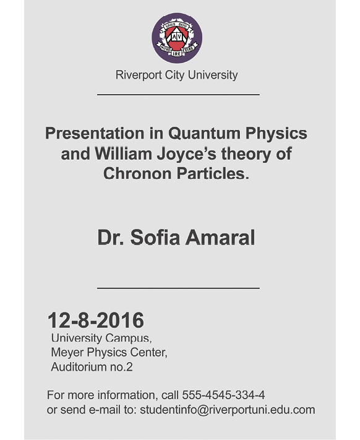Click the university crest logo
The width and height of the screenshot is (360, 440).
[x=177, y=38]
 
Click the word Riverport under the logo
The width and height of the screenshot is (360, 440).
[x=139, y=75]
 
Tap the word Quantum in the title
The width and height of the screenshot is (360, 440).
[x=204, y=133]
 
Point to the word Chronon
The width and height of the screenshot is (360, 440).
[x=137, y=173]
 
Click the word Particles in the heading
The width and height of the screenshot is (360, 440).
[x=213, y=173]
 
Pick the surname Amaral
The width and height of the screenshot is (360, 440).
[x=220, y=238]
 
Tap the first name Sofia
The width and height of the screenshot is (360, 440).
[x=155, y=238]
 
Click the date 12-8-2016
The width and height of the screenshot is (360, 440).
[x=96, y=320]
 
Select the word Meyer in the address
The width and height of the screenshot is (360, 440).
[x=67, y=353]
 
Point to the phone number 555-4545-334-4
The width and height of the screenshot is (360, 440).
[x=223, y=395]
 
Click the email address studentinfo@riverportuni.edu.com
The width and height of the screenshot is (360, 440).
[x=228, y=410]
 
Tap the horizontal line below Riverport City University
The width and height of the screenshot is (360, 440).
[x=178, y=95]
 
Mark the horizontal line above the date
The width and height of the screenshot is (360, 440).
[x=178, y=288]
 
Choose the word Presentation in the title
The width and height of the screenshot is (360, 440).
[x=95, y=133]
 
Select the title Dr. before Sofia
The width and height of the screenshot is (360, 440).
[x=111, y=238]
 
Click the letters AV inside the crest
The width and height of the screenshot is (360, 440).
[x=177, y=37]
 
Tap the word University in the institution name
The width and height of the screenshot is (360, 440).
[x=213, y=75]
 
